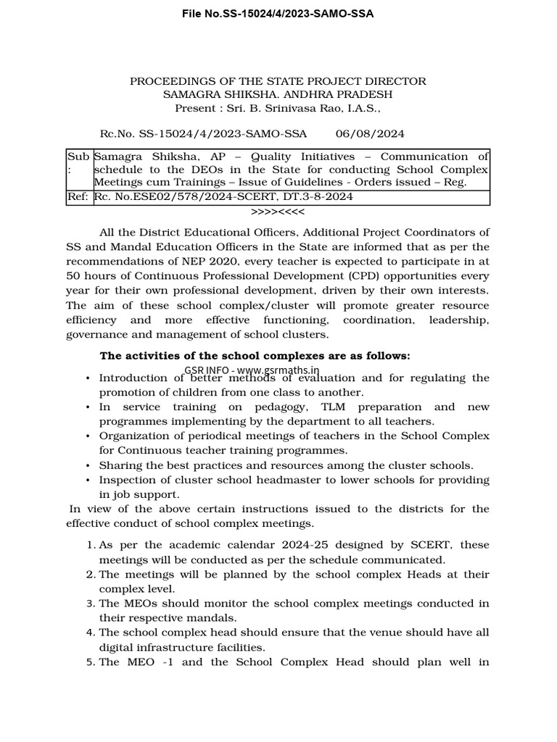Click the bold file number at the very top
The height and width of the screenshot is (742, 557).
(x=278, y=13)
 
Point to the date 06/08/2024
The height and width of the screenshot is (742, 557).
(x=370, y=134)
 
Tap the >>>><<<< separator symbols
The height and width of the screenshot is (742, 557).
(x=278, y=212)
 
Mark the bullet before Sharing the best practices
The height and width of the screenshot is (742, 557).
(x=88, y=465)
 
